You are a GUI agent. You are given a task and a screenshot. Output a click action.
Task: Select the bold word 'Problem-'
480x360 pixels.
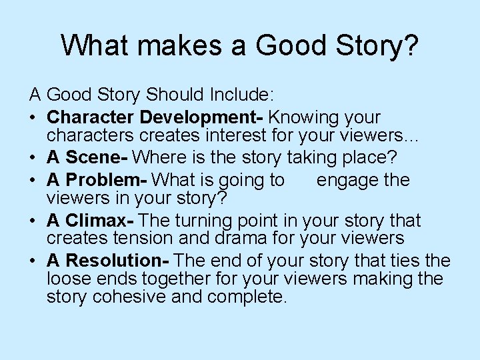pyautogui.click(x=114, y=180)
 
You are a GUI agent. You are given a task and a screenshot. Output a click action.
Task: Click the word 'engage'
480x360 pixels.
pyautogui.click(x=347, y=180)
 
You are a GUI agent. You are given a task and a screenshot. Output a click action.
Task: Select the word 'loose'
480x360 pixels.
pyautogui.click(x=66, y=278)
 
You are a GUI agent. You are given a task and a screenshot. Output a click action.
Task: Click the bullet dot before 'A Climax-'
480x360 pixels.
pyautogui.click(x=33, y=221)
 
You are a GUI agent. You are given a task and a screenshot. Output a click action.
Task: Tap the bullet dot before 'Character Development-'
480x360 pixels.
pyautogui.click(x=33, y=117)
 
